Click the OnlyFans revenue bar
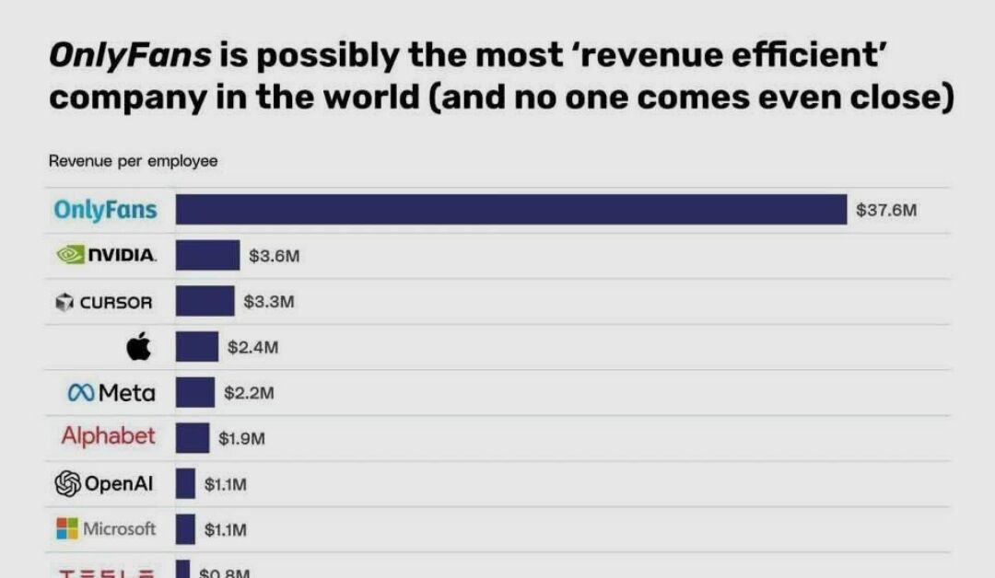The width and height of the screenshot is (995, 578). (510, 210)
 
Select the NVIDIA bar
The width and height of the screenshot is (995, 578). (207, 256)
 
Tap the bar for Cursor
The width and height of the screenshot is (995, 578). (205, 301)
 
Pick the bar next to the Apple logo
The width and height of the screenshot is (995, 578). (197, 347)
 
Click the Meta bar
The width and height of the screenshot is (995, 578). (195, 393)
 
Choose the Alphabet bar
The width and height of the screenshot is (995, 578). (193, 438)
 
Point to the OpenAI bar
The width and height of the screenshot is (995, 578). (185, 483)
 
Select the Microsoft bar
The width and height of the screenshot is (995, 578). (185, 529)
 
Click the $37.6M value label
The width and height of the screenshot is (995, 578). (886, 210)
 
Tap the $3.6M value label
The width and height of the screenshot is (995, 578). (275, 256)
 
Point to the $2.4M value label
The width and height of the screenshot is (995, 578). (252, 347)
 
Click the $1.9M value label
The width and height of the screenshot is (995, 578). (241, 439)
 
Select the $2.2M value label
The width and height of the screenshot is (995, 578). (249, 393)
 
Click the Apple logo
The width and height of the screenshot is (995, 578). (137, 348)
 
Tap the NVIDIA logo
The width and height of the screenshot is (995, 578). (106, 255)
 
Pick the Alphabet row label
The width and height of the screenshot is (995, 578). (109, 436)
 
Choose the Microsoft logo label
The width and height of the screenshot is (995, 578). (106, 529)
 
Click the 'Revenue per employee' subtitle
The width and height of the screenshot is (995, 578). (133, 161)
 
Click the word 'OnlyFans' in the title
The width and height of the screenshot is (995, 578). (130, 56)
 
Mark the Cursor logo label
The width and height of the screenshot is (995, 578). (104, 302)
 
